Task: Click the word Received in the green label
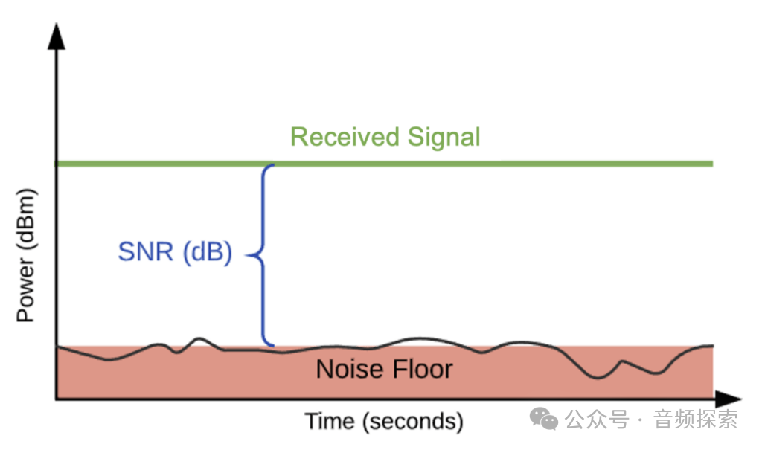coord(345,138)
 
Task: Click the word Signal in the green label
coord(444,138)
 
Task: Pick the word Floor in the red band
coord(420,370)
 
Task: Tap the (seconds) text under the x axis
coord(414,422)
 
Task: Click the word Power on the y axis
coord(26,290)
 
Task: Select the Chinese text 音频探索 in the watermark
coord(696,420)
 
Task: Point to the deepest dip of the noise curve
coord(598,377)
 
